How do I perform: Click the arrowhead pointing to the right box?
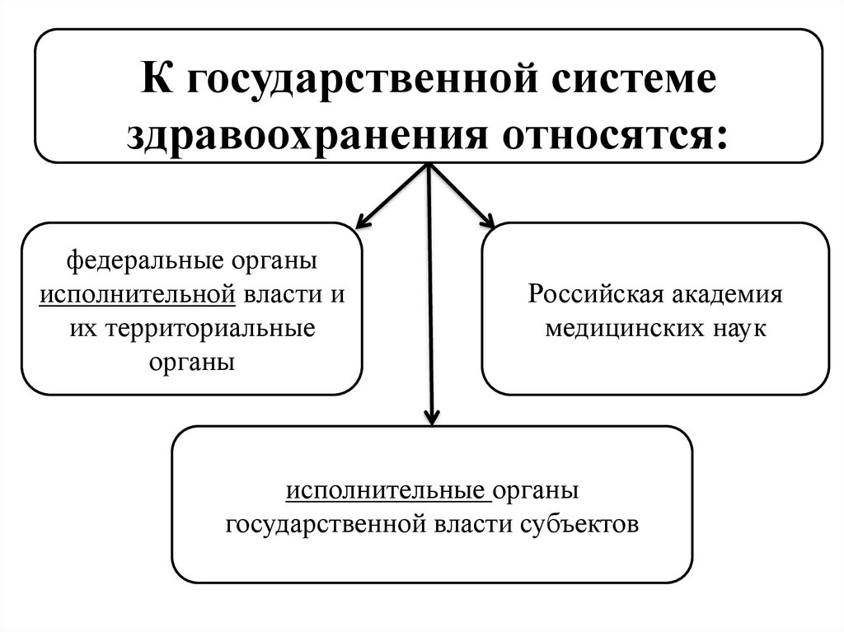(x=489, y=222)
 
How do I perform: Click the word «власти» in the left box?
(x=287, y=295)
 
